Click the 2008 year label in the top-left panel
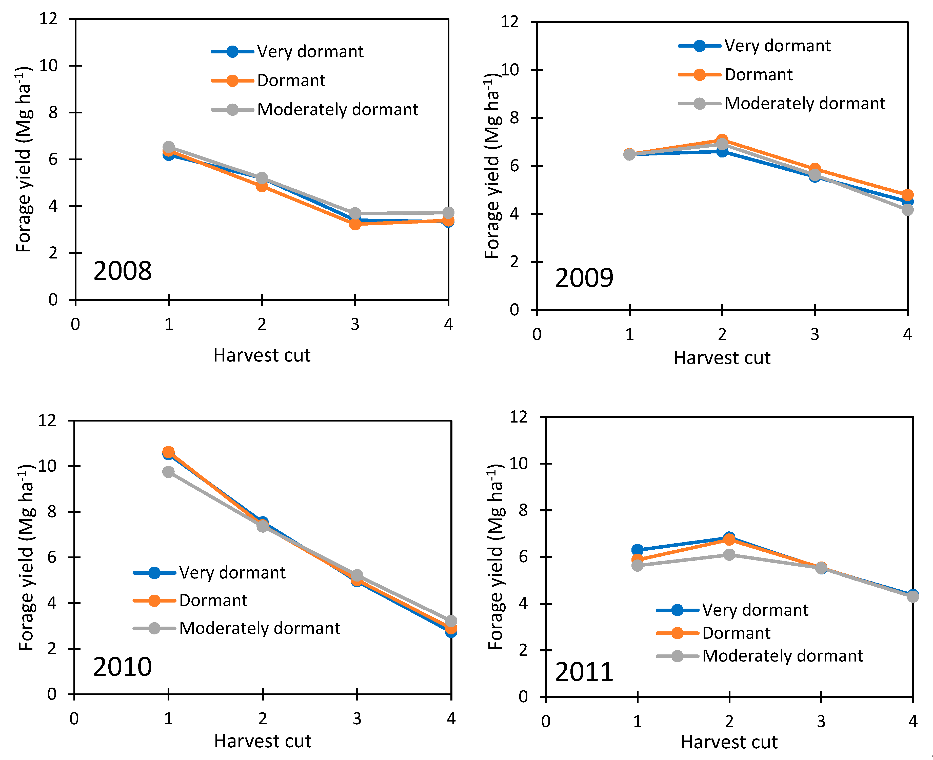[x=123, y=271]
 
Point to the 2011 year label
[x=584, y=672]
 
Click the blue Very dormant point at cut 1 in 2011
[x=638, y=550]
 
